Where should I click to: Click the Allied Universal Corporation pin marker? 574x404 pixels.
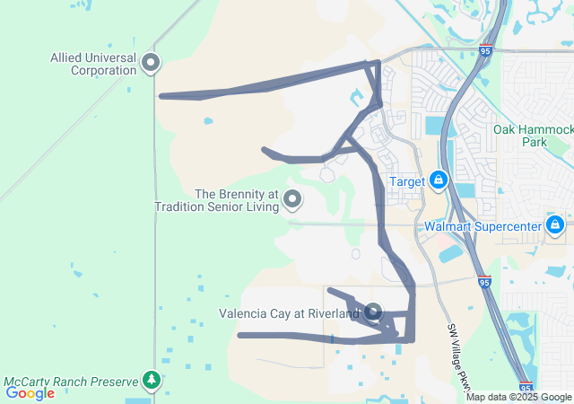(151, 62)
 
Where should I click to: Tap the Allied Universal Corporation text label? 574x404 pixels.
(93, 63)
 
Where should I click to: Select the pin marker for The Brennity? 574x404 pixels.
(293, 199)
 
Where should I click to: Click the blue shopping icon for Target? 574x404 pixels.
(439, 181)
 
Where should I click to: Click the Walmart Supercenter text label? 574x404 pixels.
(483, 226)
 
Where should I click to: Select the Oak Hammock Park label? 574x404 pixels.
(533, 136)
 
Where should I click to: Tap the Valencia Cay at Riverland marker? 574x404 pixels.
(373, 312)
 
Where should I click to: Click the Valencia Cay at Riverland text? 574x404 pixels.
(289, 313)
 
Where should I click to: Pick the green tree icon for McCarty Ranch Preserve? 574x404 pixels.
(152, 381)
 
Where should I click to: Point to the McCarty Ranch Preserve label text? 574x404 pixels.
(71, 381)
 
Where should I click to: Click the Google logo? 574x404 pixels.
(30, 392)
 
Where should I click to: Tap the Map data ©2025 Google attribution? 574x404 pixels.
(518, 397)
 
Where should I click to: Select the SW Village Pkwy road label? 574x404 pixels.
(457, 359)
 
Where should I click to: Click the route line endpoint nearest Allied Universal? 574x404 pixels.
(161, 95)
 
